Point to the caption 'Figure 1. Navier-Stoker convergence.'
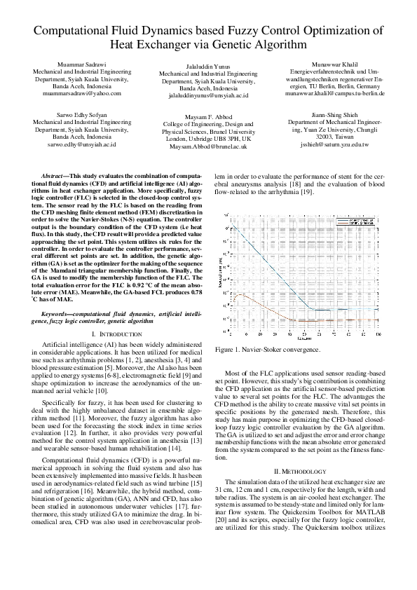(268, 349)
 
